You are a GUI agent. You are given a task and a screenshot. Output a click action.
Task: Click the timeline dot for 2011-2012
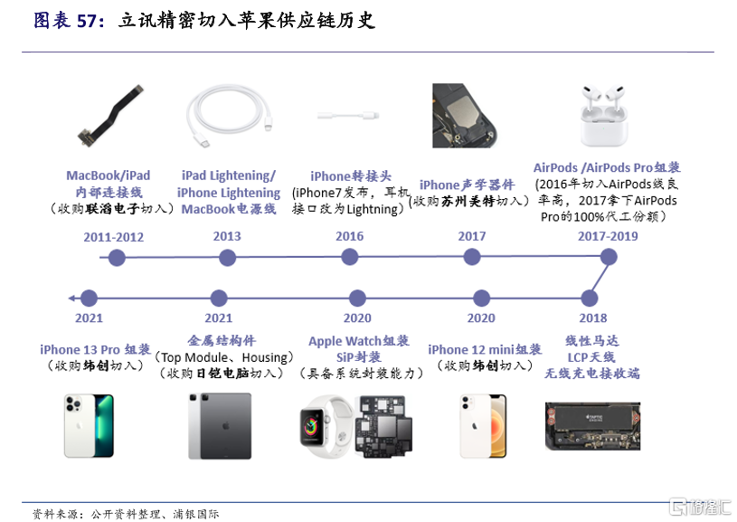(116, 258)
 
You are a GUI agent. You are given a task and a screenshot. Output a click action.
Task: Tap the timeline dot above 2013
(227, 258)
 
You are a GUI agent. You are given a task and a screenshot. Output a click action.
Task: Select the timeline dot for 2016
(350, 258)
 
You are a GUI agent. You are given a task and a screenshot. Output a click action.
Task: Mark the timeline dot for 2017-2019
(609, 257)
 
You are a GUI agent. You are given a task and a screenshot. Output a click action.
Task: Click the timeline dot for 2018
(591, 298)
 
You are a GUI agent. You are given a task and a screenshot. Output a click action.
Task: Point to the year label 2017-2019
(608, 236)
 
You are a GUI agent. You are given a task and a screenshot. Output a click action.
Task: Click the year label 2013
(227, 236)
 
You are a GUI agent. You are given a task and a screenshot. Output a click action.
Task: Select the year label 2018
(592, 318)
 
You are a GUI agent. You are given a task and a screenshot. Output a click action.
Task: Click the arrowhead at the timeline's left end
(71, 298)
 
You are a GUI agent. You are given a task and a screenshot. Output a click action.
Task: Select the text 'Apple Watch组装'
(359, 341)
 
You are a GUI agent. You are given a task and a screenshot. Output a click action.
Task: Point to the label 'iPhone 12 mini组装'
(485, 349)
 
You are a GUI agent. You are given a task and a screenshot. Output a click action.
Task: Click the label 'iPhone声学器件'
(467, 185)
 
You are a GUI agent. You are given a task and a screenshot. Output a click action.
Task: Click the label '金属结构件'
(221, 340)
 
